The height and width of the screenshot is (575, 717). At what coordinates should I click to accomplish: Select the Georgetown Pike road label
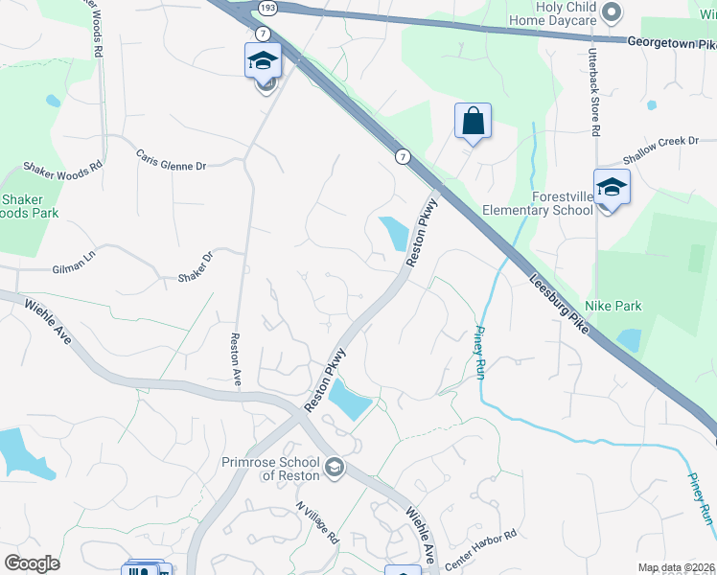click(671, 42)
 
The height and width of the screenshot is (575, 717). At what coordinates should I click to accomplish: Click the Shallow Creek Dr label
click(661, 141)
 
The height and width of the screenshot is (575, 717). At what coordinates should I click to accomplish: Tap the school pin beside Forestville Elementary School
click(611, 186)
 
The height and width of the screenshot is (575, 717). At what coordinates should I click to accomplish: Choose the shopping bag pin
click(473, 122)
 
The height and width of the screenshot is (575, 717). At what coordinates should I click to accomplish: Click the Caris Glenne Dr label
click(171, 159)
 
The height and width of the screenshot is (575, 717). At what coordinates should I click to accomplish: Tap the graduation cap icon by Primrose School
click(334, 467)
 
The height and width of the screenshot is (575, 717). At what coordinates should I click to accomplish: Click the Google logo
click(32, 563)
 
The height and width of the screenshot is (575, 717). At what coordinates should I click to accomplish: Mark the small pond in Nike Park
click(630, 338)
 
